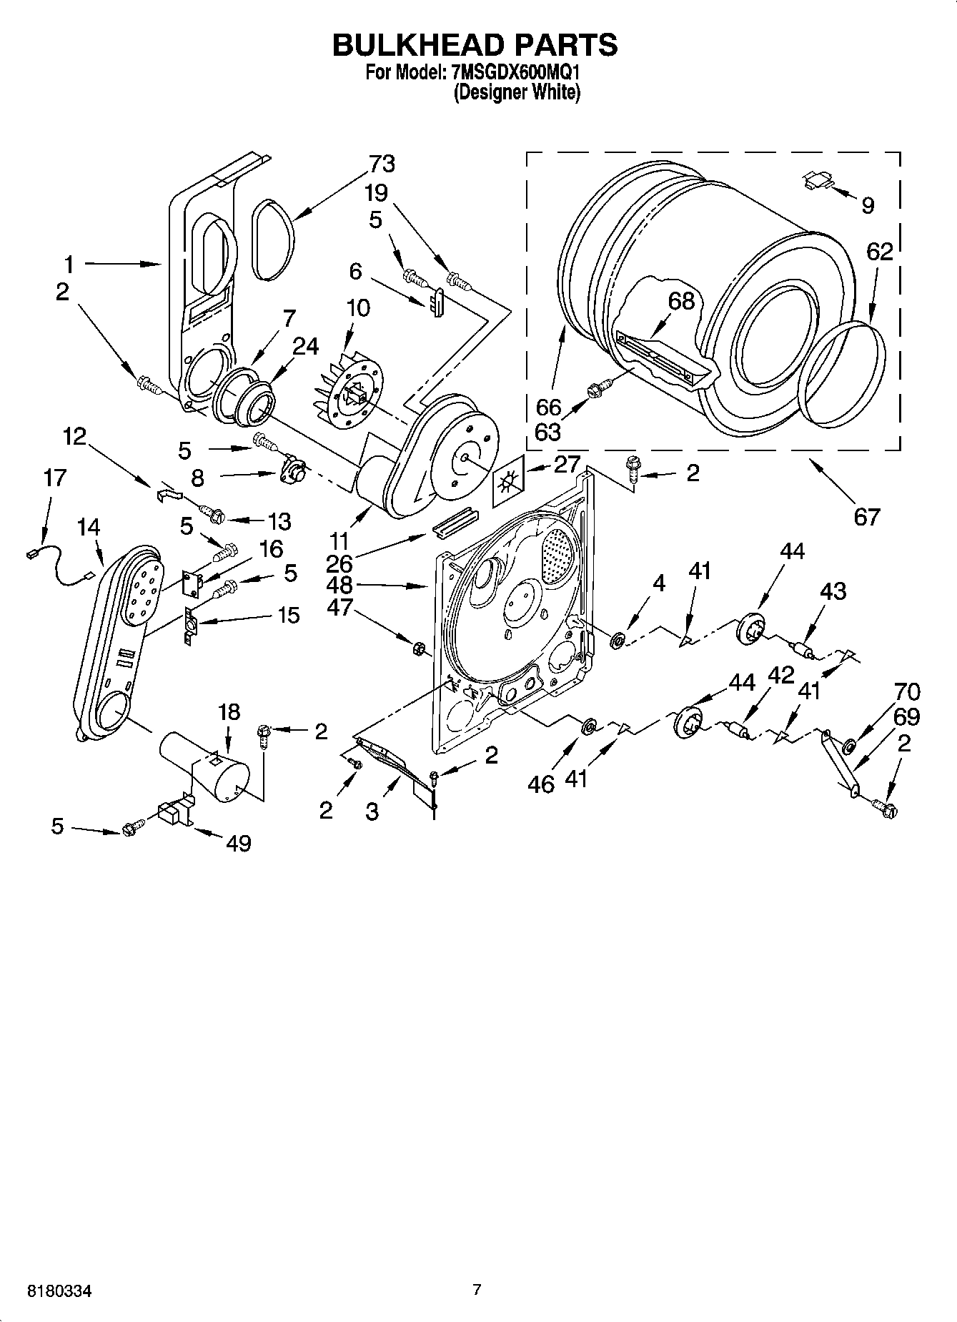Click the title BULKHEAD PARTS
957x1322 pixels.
475,45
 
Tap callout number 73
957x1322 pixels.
382,164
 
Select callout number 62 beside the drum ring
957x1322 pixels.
880,252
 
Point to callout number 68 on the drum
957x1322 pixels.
681,301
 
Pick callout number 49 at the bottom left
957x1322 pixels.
239,843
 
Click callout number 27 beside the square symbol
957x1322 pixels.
567,464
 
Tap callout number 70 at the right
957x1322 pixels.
906,691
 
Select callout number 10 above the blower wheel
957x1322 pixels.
358,308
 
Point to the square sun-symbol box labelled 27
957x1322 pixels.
507,483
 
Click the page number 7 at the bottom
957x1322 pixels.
477,1291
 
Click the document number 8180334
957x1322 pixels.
59,1291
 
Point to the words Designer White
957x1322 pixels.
517,92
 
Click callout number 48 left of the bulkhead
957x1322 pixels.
340,585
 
